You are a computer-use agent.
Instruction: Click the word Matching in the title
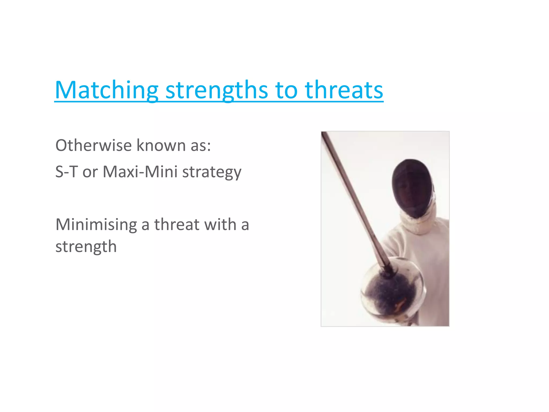click(106, 90)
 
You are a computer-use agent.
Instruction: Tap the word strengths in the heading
click(217, 90)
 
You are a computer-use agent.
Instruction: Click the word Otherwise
click(94, 145)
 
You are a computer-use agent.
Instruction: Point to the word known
click(161, 145)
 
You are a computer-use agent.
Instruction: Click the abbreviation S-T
click(66, 172)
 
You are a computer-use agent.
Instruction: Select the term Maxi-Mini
click(140, 172)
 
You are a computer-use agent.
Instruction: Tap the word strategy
click(212, 172)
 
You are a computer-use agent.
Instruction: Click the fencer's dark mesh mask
click(411, 188)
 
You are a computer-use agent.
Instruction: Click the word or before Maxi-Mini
click(90, 172)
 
